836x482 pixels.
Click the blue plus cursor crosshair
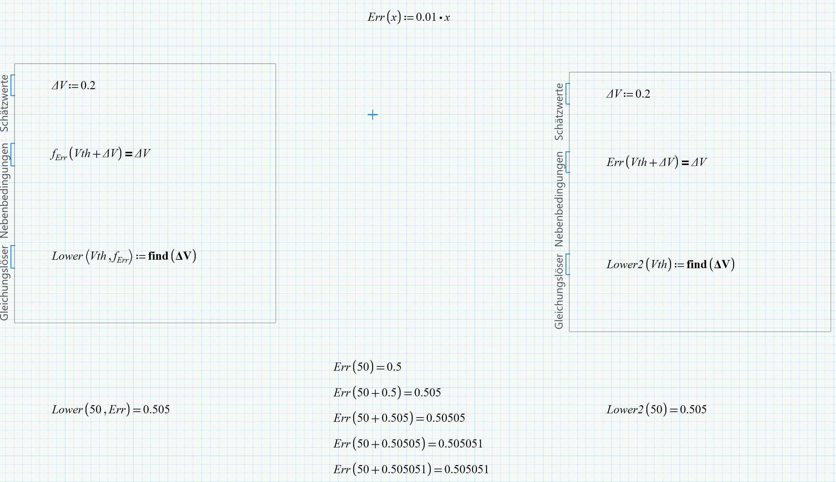pyautogui.click(x=372, y=115)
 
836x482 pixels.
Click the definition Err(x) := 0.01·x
pyautogui.click(x=409, y=17)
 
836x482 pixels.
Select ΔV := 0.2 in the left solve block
pyautogui.click(x=74, y=85)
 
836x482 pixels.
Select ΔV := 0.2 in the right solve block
pyautogui.click(x=628, y=94)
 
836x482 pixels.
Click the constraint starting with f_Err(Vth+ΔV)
pyautogui.click(x=100, y=154)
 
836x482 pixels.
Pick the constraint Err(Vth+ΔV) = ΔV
pyautogui.click(x=656, y=162)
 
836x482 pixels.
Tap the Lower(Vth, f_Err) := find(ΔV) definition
pyautogui.click(x=124, y=256)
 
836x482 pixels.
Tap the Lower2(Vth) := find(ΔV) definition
pyautogui.click(x=670, y=265)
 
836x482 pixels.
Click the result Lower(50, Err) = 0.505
pyautogui.click(x=111, y=409)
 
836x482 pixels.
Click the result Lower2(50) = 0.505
pyautogui.click(x=656, y=409)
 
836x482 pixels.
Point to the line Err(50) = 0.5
pyautogui.click(x=367, y=367)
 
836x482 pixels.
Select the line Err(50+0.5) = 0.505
pyautogui.click(x=387, y=392)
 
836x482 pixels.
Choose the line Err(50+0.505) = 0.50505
pyautogui.click(x=399, y=418)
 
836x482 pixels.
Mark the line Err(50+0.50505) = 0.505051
pyautogui.click(x=408, y=444)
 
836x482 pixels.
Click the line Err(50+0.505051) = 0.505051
pyautogui.click(x=411, y=469)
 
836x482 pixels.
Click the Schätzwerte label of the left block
pyautogui.click(x=4, y=103)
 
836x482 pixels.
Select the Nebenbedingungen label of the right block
pyautogui.click(x=559, y=199)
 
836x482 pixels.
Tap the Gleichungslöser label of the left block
pyautogui.click(x=4, y=283)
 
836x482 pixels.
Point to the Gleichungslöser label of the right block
pyautogui.click(x=559, y=292)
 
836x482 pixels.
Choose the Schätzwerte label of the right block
pyautogui.click(x=559, y=112)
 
